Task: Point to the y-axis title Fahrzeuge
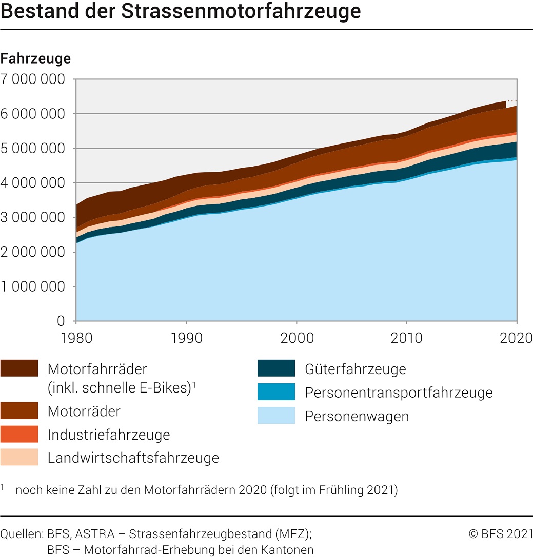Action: coord(35,58)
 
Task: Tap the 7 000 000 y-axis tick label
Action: coord(33,79)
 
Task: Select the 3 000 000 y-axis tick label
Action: coord(33,218)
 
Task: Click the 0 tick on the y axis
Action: coord(61,321)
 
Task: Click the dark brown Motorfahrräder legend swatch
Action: coord(19,368)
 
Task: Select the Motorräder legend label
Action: coord(84,411)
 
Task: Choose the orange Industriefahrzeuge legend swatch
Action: coord(19,434)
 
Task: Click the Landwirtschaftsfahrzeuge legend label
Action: coord(133,458)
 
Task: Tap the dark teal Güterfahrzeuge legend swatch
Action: coord(277,368)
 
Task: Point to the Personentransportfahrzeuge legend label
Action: coord(399,393)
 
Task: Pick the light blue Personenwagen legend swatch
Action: coord(277,416)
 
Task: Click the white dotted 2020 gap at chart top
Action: coord(511,104)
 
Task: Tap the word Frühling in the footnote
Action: coord(334,490)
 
